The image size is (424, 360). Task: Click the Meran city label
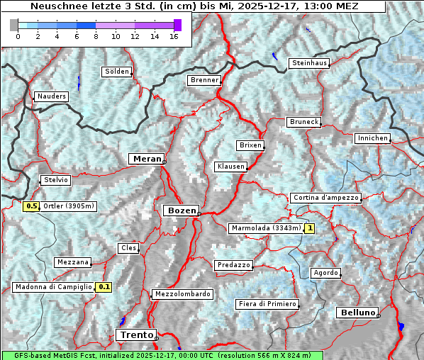(146, 159)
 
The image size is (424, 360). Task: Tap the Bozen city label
(181, 210)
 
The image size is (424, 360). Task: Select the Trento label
(135, 334)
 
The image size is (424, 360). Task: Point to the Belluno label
(357, 312)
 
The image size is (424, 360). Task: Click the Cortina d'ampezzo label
(325, 198)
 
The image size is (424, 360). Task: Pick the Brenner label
(204, 80)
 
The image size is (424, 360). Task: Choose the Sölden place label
(117, 72)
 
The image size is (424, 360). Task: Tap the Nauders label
(51, 96)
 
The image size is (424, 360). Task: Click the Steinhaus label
(310, 63)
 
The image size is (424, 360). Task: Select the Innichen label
(372, 138)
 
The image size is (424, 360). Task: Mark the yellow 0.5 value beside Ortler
(31, 206)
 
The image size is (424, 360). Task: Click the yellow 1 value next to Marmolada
(309, 228)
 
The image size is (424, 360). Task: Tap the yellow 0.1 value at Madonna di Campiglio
(104, 287)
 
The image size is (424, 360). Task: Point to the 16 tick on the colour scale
(174, 35)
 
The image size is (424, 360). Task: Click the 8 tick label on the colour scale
(96, 35)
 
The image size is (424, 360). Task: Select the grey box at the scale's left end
(14, 25)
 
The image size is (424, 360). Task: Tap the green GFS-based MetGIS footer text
(162, 355)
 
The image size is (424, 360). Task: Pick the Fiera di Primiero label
(267, 304)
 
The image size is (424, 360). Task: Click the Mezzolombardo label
(182, 293)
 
